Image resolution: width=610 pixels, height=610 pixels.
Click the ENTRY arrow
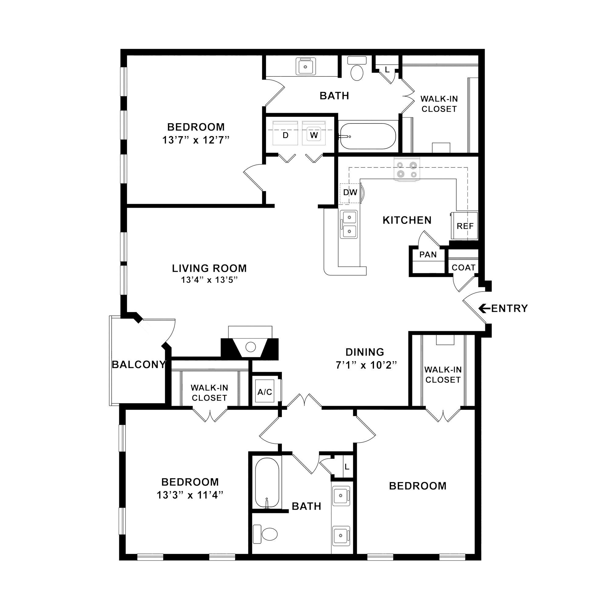pos(484,308)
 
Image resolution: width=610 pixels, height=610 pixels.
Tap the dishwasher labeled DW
pos(350,192)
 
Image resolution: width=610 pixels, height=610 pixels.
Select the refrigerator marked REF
pos(465,226)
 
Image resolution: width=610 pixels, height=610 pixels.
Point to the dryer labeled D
pos(285,133)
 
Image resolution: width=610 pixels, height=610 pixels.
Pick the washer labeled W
pos(314,133)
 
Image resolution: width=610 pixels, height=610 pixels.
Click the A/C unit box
pos(264,392)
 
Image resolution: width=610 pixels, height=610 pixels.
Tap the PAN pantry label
pos(428,254)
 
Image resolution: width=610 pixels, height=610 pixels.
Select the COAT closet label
pos(464,267)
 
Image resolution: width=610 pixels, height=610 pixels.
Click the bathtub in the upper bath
pos(367,136)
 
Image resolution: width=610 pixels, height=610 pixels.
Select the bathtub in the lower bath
pos(267,483)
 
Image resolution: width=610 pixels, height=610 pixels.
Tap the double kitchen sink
pos(349,224)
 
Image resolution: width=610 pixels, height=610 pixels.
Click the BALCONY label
pos(138,365)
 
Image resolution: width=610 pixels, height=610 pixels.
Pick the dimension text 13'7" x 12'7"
pos(196,140)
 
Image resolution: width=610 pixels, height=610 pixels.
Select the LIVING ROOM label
pos(209,268)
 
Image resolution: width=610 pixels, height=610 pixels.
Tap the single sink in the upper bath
pos(306,66)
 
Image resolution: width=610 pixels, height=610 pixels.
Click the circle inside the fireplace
pos(251,347)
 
